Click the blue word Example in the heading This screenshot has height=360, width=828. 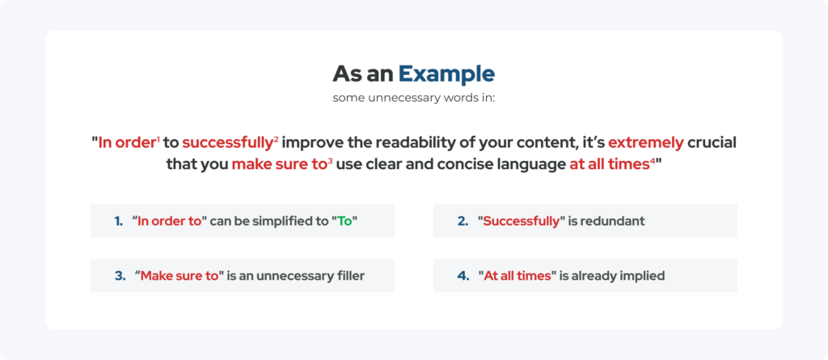click(x=446, y=74)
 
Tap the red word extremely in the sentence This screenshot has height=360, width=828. click(x=646, y=142)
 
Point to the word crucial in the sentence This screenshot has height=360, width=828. click(x=712, y=142)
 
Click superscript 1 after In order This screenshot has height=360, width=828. click(x=158, y=140)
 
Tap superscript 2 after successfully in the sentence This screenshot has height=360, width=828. click(x=277, y=140)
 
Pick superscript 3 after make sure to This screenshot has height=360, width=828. click(x=330, y=161)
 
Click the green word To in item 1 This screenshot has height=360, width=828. click(x=344, y=221)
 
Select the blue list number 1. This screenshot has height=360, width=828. click(x=118, y=221)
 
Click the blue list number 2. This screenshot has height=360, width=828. click(x=463, y=221)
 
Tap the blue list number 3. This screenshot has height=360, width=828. click(x=120, y=276)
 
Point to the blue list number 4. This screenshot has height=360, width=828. click(x=463, y=276)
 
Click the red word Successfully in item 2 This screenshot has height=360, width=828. click(x=522, y=222)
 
